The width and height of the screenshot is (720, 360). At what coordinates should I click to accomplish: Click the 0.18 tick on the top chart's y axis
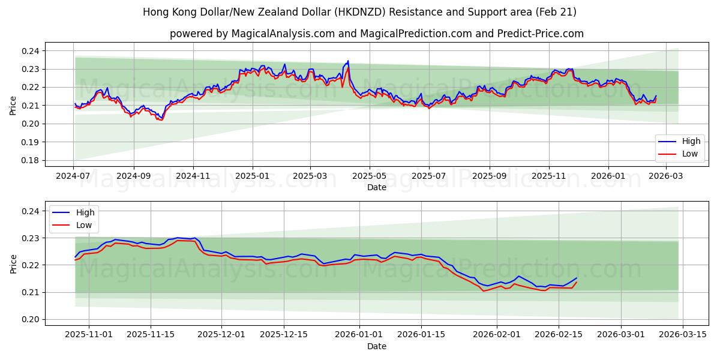click(x=31, y=160)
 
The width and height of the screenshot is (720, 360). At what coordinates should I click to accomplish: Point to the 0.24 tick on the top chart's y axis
click(x=31, y=51)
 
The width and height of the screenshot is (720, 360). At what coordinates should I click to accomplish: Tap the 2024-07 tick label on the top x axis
click(x=74, y=176)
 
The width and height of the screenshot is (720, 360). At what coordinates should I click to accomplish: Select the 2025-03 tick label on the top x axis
click(x=310, y=176)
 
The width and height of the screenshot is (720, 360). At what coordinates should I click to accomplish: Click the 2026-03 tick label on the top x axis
click(x=665, y=176)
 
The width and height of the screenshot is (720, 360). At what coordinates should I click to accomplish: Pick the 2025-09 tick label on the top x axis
click(x=489, y=176)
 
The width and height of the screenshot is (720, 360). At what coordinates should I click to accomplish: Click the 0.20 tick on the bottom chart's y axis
click(x=31, y=319)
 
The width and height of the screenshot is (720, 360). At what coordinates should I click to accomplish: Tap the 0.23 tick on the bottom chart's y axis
click(x=31, y=238)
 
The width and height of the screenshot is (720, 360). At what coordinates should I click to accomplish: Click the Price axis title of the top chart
click(x=13, y=106)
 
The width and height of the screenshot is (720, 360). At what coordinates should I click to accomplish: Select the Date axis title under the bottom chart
click(x=377, y=346)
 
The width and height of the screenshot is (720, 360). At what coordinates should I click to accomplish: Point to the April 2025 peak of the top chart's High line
click(x=347, y=61)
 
